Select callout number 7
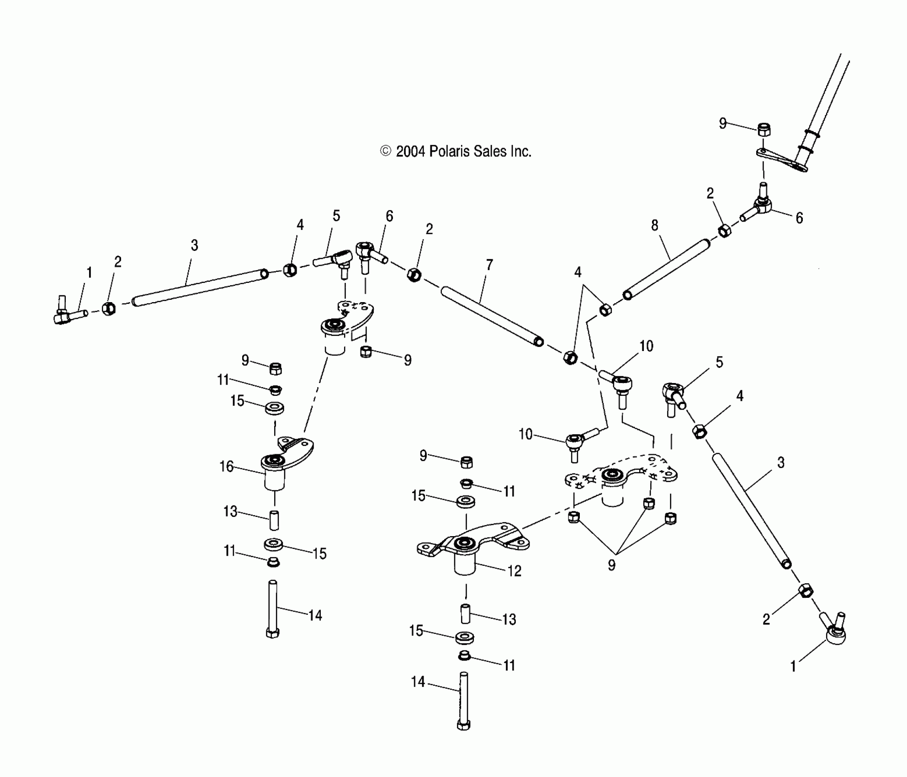(489, 265)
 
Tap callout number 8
(655, 225)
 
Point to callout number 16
(226, 467)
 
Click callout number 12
(514, 571)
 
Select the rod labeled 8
(667, 269)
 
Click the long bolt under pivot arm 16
(273, 608)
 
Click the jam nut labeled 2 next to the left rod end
(108, 309)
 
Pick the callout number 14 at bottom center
(418, 682)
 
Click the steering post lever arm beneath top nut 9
(781, 160)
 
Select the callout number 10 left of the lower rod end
(525, 434)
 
